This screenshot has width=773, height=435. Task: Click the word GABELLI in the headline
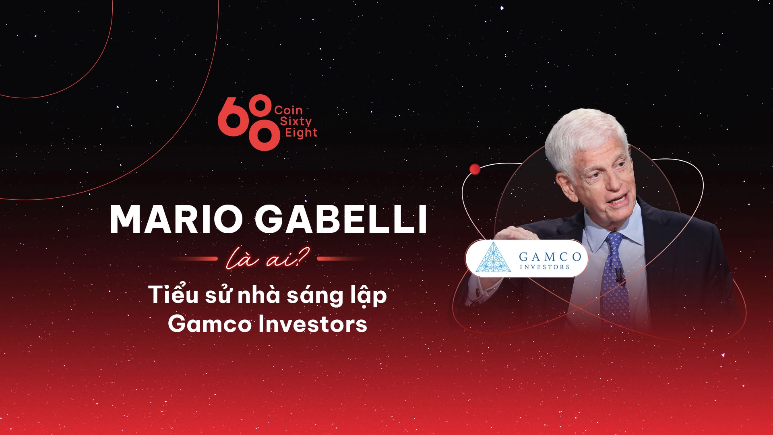[x=341, y=220]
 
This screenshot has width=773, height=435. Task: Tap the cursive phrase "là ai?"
[x=267, y=259]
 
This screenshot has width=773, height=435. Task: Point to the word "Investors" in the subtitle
[x=312, y=324]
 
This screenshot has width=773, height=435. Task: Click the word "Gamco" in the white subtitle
[x=209, y=324]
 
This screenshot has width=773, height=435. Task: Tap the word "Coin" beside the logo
[x=288, y=110]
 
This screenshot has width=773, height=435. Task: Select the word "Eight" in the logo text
[x=301, y=133]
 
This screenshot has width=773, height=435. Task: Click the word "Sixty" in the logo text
[x=296, y=121]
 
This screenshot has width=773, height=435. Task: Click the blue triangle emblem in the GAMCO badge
[x=493, y=258]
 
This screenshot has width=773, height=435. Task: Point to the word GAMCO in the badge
[x=550, y=256]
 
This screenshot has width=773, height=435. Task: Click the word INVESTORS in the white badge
[x=544, y=267]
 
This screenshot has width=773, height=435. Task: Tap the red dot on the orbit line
[x=475, y=169]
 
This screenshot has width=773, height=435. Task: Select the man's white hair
[x=584, y=133]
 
